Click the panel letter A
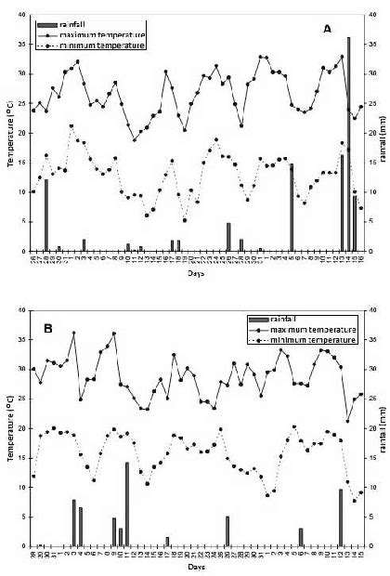click(x=326, y=30)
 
